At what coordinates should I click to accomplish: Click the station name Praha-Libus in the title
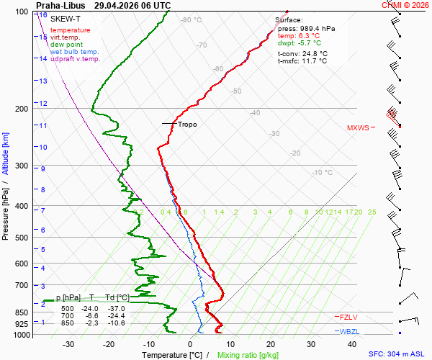click(x=60, y=5)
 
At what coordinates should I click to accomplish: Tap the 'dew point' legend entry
click(x=66, y=45)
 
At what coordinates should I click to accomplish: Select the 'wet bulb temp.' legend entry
click(x=74, y=52)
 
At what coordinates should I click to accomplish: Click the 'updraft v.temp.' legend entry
click(x=75, y=58)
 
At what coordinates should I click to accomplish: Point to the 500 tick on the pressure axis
click(x=22, y=238)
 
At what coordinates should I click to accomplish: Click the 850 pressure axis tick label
click(x=22, y=312)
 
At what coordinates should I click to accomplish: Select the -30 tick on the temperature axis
click(x=68, y=344)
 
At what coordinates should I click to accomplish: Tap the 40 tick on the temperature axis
click(x=352, y=344)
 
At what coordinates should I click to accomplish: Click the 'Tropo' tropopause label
click(x=187, y=125)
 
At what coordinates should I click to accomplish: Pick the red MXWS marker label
click(x=358, y=128)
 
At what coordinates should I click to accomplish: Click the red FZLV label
click(x=348, y=318)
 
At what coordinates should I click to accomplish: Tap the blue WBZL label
click(x=349, y=332)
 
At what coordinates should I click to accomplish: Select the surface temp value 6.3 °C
click(x=309, y=36)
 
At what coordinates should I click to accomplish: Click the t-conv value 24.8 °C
click(x=315, y=54)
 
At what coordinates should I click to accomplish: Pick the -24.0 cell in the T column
click(x=90, y=308)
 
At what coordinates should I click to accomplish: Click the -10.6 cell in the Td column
click(x=116, y=323)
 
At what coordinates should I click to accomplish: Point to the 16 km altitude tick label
click(x=43, y=15)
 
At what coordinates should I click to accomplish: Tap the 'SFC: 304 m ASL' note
click(x=397, y=354)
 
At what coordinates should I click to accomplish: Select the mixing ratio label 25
click(x=372, y=212)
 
